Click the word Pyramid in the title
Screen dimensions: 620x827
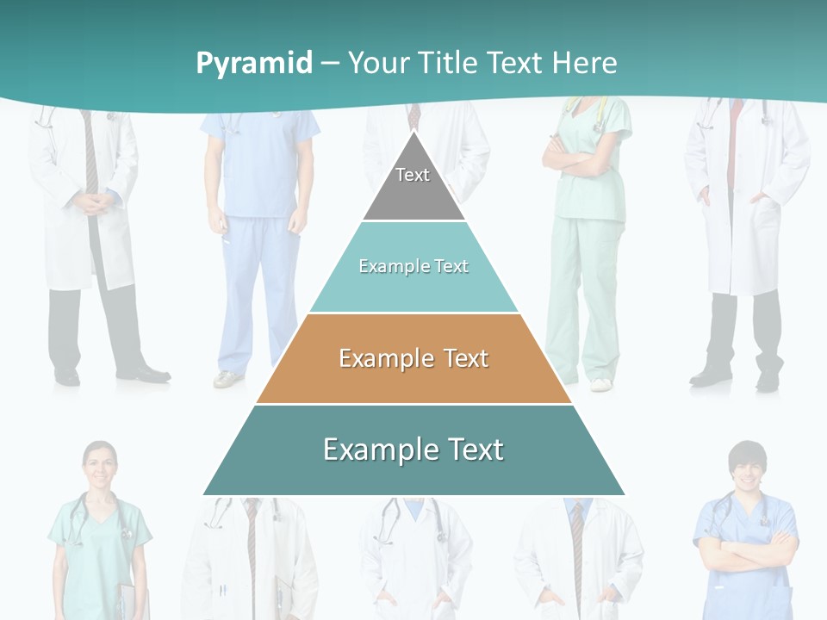[x=254, y=63]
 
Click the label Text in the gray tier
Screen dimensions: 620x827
[x=413, y=175]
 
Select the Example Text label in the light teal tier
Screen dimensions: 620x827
[x=413, y=266]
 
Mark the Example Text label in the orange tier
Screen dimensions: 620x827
[x=413, y=358]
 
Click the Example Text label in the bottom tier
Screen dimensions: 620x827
[x=413, y=449]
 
